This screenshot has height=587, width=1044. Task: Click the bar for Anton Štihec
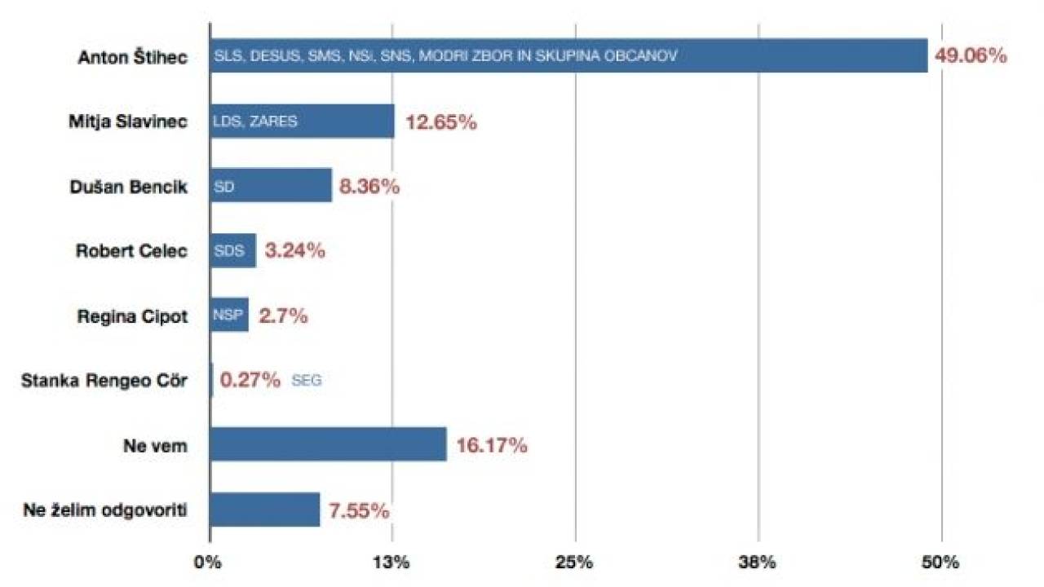[x=568, y=55]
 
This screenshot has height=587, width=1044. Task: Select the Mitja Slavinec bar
[x=302, y=121]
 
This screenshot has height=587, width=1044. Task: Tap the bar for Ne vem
[x=328, y=444]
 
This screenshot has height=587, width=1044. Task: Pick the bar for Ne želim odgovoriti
[x=264, y=510]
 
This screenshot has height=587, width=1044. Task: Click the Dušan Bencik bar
[x=271, y=186]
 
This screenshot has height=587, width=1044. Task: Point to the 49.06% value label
[x=971, y=56]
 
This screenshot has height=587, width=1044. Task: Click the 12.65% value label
[x=440, y=122]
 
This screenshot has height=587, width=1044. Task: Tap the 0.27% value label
[x=250, y=380]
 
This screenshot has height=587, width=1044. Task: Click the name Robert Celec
[x=131, y=251]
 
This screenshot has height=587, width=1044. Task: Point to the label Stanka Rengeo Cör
[x=105, y=381]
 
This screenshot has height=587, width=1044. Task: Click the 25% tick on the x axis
[x=575, y=563]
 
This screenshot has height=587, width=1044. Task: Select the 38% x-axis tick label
[x=759, y=563]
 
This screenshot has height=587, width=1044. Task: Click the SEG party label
[x=306, y=381]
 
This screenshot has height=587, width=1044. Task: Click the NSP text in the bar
[x=228, y=316]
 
